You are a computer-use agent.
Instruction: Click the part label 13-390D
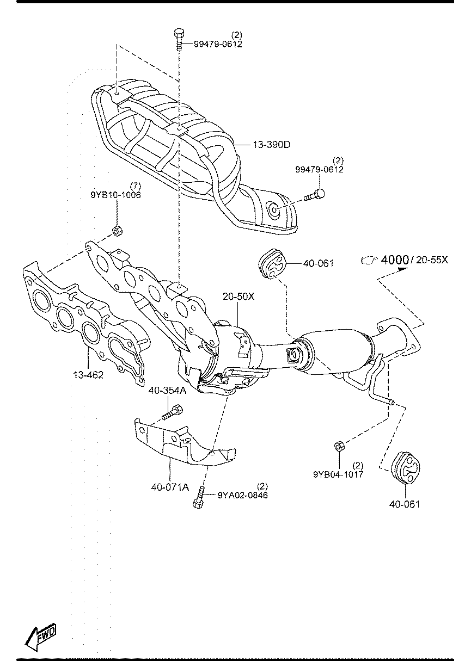tap(271, 145)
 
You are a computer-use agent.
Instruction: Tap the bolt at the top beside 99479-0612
tap(179, 39)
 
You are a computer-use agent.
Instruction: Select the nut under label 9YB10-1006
tap(118, 231)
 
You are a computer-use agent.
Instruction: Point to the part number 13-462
tap(88, 375)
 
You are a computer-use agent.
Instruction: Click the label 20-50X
tap(238, 296)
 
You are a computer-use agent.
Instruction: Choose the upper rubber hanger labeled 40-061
tap(271, 263)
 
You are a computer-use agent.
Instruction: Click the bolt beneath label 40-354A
tap(173, 412)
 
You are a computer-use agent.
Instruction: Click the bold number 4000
tap(395, 260)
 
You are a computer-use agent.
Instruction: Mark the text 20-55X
tap(432, 260)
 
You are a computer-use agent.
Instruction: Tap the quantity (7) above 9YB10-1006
tap(136, 186)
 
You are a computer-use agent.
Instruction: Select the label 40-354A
tap(167, 391)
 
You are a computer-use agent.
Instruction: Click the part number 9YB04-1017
tap(338, 474)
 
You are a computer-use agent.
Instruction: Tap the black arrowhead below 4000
tap(402, 269)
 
